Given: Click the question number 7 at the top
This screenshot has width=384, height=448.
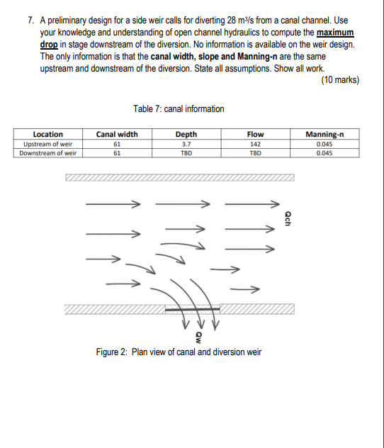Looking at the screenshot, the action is click(30, 21).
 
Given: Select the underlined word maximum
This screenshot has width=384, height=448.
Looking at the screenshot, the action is click(335, 33).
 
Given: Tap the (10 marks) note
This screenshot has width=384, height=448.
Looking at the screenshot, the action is click(340, 79).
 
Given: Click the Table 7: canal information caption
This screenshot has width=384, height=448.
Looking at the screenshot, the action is click(179, 109).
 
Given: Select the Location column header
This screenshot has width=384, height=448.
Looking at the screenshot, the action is click(48, 134).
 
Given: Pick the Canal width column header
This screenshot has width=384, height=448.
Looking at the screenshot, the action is click(117, 134).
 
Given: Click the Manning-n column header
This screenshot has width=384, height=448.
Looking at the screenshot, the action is click(324, 134).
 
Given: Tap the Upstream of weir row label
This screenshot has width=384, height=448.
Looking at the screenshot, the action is click(48, 144).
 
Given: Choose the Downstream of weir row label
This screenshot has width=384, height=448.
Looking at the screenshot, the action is click(48, 153).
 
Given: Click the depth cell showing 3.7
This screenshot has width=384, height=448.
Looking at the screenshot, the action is click(186, 144).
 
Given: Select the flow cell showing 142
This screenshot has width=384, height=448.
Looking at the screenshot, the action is click(256, 144).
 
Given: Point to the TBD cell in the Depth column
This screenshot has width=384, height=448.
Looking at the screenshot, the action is click(186, 153).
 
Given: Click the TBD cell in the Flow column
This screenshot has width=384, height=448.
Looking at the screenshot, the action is click(256, 153).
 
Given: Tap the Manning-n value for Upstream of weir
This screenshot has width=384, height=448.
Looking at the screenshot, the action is click(324, 144).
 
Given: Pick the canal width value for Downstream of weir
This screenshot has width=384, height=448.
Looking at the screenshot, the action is click(117, 153).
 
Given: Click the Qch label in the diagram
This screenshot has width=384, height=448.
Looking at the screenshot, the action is click(288, 218).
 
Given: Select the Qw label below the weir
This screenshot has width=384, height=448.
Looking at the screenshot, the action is click(199, 337).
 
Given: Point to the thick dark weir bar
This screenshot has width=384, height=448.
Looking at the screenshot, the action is click(193, 309).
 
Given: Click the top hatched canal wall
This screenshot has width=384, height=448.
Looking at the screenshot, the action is click(180, 177).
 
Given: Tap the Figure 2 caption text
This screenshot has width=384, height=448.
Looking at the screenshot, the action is click(179, 352).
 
